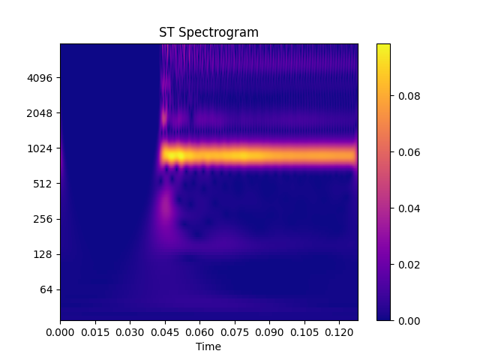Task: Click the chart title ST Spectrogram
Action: pos(208,32)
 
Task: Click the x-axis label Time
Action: pos(208,346)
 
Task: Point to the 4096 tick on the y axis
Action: pos(42,78)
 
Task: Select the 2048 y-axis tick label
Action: pos(42,113)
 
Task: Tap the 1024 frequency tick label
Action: pos(42,148)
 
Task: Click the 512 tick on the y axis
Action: pos(45,184)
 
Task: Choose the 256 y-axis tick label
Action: pos(45,219)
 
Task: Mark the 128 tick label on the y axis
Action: pos(45,254)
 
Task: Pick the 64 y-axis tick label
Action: pos(47,289)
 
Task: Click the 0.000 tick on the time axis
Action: pos(61,331)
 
